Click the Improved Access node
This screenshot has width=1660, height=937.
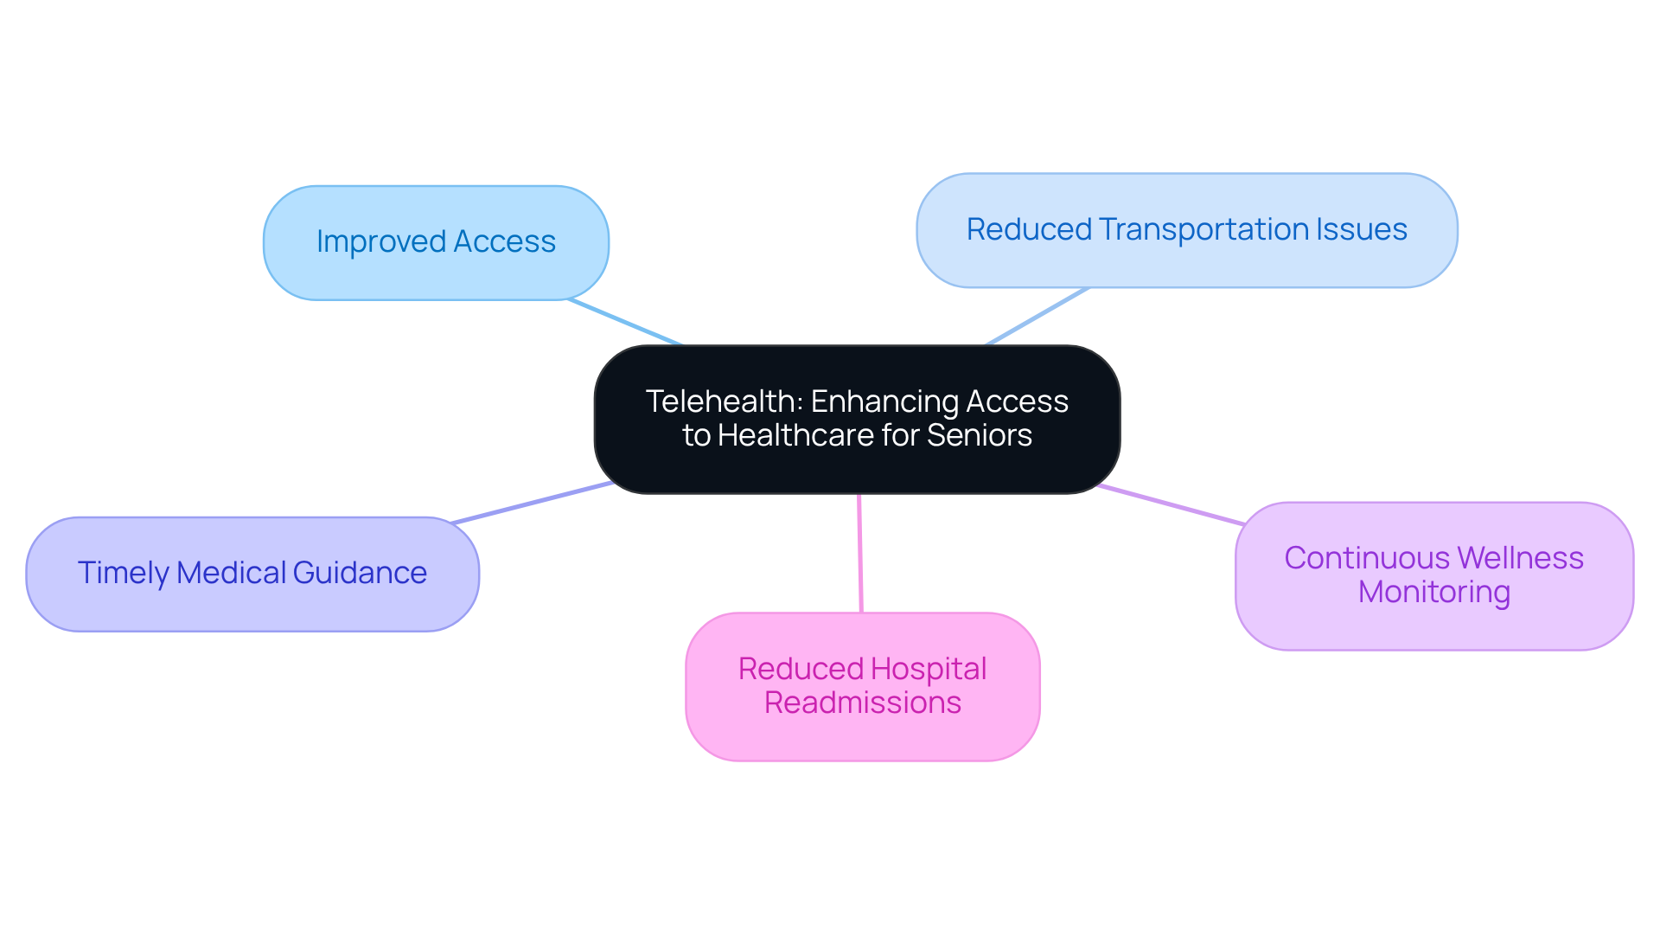click(x=436, y=243)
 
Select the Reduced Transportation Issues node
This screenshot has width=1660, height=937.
click(x=1186, y=230)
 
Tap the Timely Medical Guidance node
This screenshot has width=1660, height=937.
click(x=252, y=574)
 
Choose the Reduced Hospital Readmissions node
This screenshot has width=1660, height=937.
click(x=862, y=687)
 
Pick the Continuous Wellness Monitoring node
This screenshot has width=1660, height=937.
click(x=1433, y=576)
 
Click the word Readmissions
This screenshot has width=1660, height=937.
click(x=862, y=703)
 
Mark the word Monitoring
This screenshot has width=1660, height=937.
click(x=1433, y=593)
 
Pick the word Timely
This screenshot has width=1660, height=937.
click(x=123, y=574)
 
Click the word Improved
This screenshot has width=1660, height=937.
click(x=380, y=242)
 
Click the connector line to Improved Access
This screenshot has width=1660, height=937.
click(x=624, y=322)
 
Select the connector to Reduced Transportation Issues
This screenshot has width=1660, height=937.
click(x=1036, y=317)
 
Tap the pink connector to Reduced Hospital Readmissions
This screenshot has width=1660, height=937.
click(x=860, y=554)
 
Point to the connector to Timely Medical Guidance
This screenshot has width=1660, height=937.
click(x=532, y=503)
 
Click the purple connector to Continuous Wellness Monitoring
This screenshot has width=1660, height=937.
click(x=1171, y=505)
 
